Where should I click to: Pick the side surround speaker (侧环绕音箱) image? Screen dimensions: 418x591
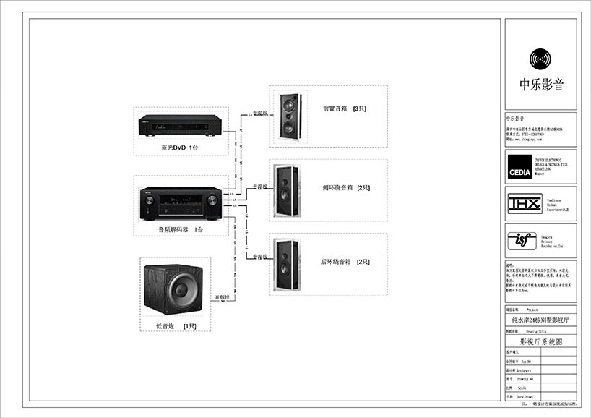tap(285, 190)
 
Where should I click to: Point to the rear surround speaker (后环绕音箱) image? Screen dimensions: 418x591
tap(285, 265)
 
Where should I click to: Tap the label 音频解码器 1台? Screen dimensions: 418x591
tap(181, 229)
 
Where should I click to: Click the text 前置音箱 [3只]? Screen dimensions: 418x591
tap(345, 109)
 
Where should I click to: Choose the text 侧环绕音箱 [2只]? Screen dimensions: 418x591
tap(346, 187)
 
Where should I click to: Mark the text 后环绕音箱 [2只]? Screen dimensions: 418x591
tap(345, 261)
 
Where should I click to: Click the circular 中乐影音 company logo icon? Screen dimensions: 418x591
tap(541, 59)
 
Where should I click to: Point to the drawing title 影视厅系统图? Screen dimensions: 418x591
tap(540, 341)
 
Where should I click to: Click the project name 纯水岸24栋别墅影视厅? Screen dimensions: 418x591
tap(540, 318)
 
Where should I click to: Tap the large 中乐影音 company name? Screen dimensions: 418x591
tap(541, 84)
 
